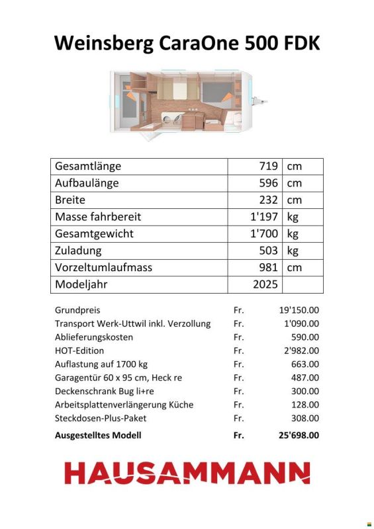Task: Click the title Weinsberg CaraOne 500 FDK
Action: coord(187,43)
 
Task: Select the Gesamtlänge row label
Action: coord(88,166)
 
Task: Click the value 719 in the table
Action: coord(268,166)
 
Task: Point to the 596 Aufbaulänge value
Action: coord(268,183)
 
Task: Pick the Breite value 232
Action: coord(268,200)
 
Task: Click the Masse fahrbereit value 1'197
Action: coord(263,217)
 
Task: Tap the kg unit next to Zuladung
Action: coord(293,251)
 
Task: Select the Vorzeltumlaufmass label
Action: coord(104,268)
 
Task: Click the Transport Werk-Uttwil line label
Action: coord(132,323)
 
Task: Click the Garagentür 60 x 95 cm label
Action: coord(118,378)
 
